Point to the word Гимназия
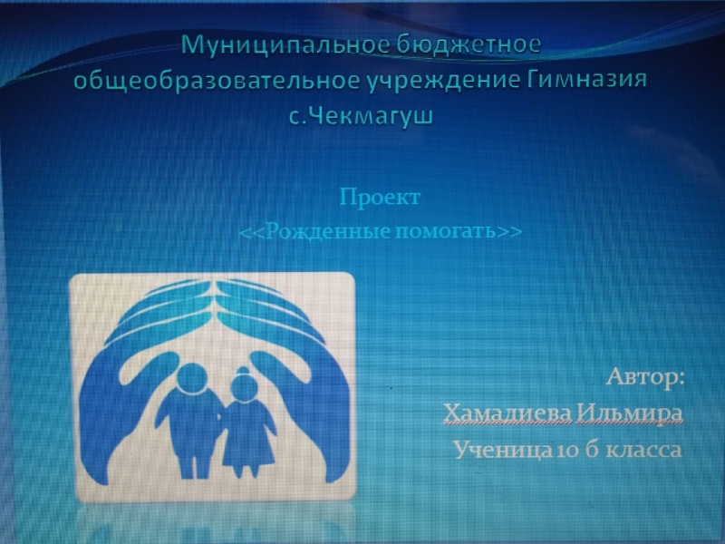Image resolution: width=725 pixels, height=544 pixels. click(x=586, y=80)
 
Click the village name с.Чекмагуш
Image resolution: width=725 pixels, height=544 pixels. click(x=361, y=116)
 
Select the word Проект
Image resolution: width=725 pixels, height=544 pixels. click(x=380, y=198)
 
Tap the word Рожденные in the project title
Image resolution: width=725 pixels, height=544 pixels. click(x=327, y=230)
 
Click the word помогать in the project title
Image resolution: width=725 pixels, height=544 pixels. click(x=446, y=230)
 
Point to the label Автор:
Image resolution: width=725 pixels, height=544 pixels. click(x=645, y=376)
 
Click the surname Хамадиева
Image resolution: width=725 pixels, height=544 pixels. click(x=507, y=413)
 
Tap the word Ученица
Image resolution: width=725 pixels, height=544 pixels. click(x=503, y=449)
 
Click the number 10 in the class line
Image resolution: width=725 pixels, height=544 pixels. click(x=564, y=450)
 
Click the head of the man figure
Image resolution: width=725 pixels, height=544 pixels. click(x=192, y=379)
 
